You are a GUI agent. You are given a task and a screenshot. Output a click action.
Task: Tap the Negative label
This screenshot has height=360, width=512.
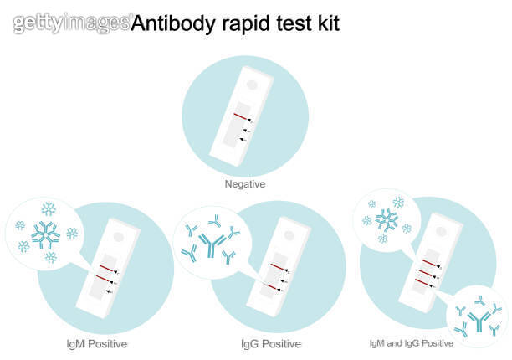coord(245,183)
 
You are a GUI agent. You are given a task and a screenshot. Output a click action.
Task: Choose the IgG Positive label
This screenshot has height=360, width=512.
coord(270,343)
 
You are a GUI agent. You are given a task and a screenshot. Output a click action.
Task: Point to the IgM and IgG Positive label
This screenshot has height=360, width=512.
coord(412,342)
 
